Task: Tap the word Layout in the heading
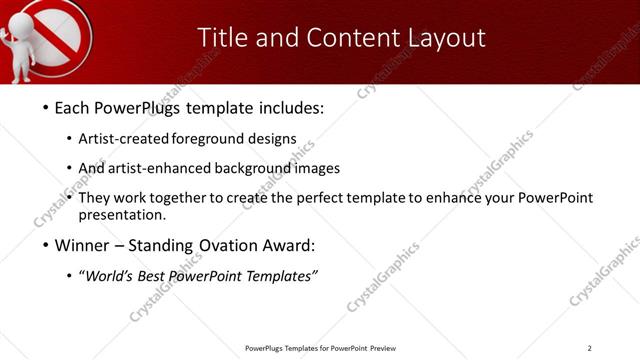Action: [439, 38]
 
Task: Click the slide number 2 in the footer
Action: [589, 348]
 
